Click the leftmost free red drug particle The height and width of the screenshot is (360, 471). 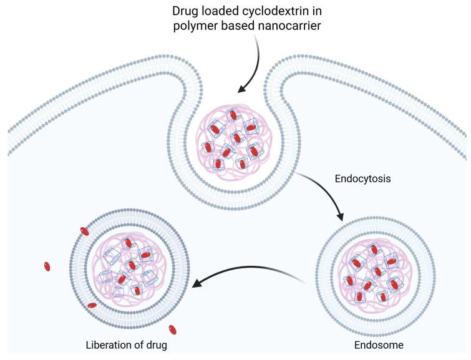click(47, 267)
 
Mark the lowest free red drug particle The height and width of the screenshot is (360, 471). click(173, 329)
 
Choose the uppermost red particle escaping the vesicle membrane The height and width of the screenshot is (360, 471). click(84, 232)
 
